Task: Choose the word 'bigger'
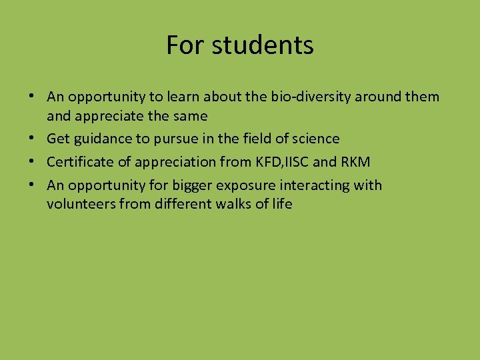(179, 185)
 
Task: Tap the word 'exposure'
(233, 185)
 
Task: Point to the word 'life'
(281, 204)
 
